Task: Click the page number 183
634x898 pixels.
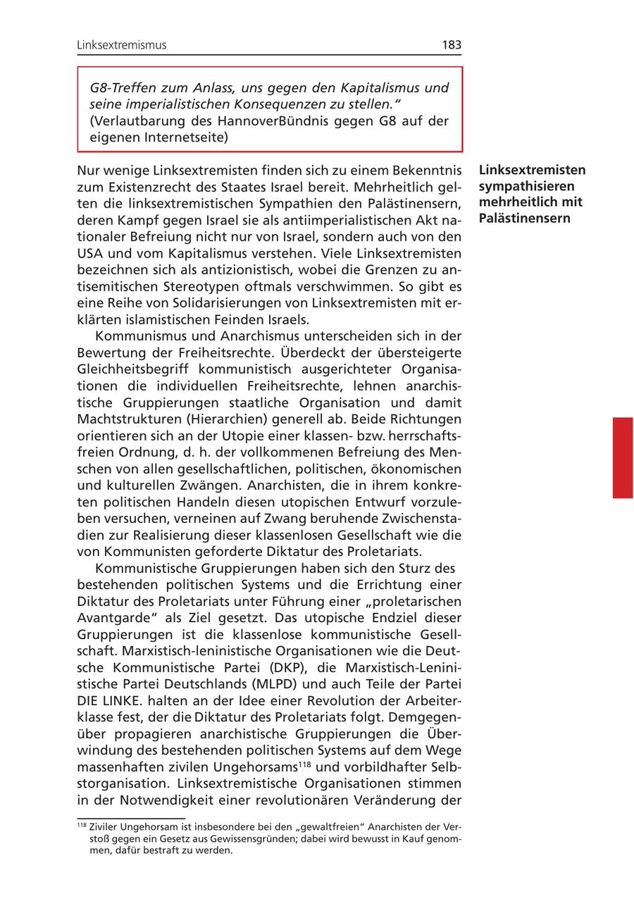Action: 452,45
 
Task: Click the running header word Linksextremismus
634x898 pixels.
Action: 122,45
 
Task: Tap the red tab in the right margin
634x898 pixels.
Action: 622,457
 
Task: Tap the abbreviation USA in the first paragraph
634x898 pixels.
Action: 90,252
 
